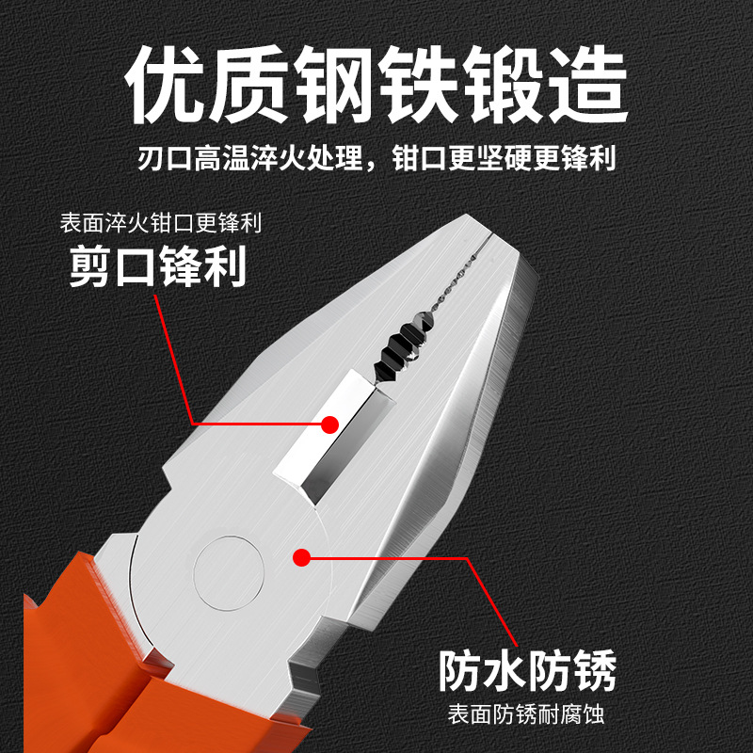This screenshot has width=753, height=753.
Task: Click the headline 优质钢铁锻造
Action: pos(376,88)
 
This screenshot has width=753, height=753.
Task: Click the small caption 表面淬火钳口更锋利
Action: pos(160,225)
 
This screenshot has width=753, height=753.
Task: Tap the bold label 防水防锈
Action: pos(528,672)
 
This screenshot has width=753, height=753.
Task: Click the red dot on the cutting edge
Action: pos(328,425)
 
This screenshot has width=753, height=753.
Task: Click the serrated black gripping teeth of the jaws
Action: pos(400,348)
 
